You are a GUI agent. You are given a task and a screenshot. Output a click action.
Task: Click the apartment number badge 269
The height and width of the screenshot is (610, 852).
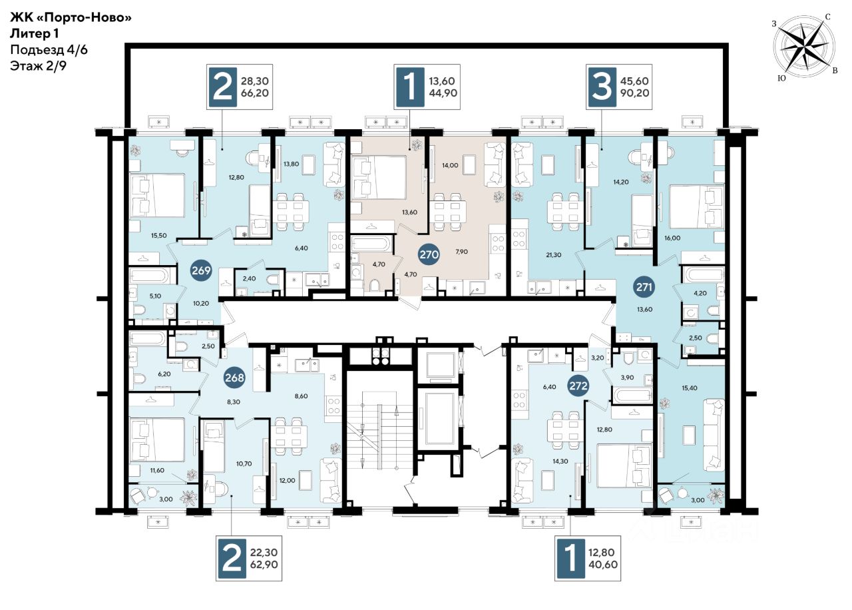tap(201, 270)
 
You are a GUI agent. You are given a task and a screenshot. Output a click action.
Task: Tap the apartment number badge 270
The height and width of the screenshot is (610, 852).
tap(429, 254)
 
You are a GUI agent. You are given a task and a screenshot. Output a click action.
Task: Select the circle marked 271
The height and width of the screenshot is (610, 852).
tap(644, 287)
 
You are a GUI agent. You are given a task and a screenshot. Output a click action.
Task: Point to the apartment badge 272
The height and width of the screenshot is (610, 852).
tap(578, 386)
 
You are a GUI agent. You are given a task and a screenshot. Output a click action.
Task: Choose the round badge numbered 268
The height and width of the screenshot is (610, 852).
tap(234, 378)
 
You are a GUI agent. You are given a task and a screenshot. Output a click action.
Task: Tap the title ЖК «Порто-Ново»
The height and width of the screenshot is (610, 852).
tap(71, 17)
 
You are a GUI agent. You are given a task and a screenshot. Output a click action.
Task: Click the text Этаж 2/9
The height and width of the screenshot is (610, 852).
tap(38, 66)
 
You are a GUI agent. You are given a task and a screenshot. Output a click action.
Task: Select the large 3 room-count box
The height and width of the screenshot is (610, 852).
tap(602, 87)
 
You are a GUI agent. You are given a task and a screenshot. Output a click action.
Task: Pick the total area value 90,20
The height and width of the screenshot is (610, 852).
tap(635, 93)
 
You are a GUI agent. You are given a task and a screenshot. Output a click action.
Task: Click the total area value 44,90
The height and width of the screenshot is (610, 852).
tap(443, 93)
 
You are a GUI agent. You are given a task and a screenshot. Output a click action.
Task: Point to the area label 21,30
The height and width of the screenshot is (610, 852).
tap(553, 255)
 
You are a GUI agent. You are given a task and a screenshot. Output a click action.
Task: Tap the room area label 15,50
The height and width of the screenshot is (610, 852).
tap(158, 236)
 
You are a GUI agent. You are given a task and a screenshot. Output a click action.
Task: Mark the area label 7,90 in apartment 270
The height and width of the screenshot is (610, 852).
tap(461, 252)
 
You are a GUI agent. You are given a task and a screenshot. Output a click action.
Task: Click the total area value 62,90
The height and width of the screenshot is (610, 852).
tap(264, 564)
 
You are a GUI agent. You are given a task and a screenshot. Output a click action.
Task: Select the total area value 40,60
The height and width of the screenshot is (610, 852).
tap(603, 564)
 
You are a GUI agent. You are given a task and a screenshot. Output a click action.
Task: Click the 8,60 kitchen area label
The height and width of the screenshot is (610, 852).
tap(302, 396)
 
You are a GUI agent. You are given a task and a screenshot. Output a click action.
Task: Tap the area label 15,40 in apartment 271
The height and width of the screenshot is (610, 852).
tap(689, 388)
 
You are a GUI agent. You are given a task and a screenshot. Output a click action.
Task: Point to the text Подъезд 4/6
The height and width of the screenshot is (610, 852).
tap(49, 50)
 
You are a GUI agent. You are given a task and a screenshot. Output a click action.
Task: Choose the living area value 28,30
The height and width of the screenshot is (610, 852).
tap(255, 81)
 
